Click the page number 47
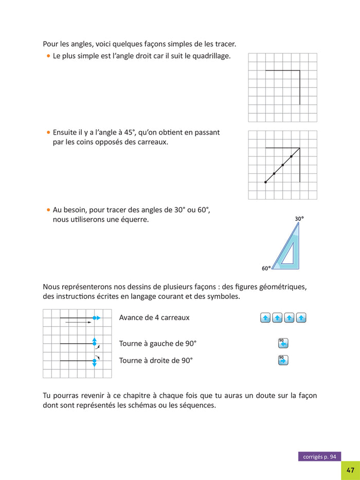click(x=350, y=470)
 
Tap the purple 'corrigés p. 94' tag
click(x=319, y=456)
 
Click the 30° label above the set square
click(x=299, y=219)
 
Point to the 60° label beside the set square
click(x=266, y=268)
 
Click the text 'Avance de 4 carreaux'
click(x=154, y=317)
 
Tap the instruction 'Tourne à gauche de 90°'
click(x=158, y=344)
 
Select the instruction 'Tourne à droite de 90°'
click(x=156, y=360)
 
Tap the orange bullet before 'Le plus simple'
click(x=48, y=56)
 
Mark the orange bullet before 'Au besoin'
click(x=48, y=210)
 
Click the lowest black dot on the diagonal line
click(x=265, y=182)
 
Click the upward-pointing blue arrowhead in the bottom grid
click(x=94, y=340)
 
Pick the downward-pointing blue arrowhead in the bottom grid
click(x=94, y=364)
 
